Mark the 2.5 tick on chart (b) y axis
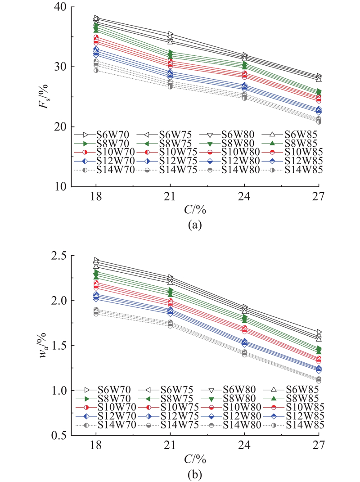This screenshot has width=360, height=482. click(x=58, y=256)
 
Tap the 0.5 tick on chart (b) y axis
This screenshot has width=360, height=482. click(x=58, y=436)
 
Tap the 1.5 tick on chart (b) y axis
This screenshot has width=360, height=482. click(x=58, y=346)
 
